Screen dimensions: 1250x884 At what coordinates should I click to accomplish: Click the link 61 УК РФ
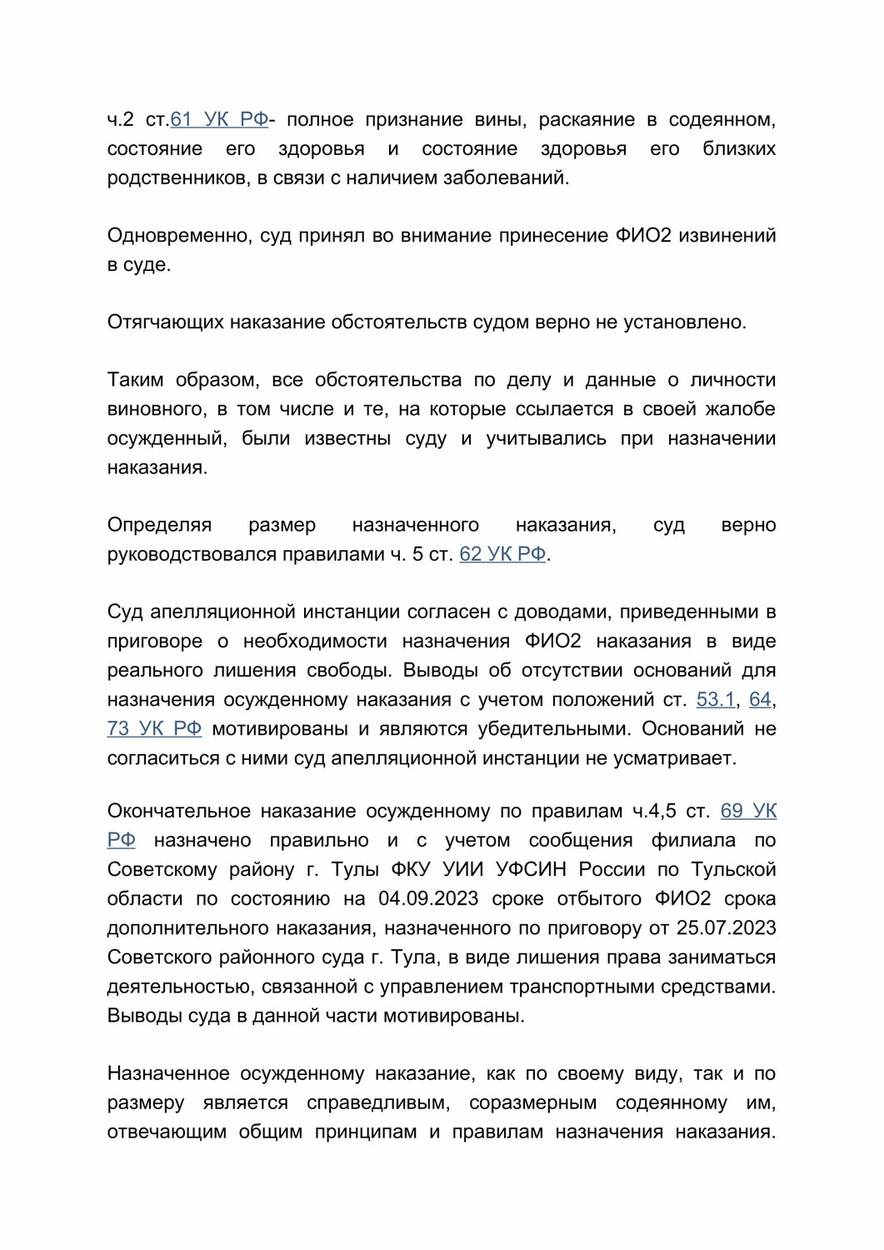(x=219, y=120)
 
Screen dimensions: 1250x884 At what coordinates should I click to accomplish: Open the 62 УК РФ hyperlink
(x=502, y=554)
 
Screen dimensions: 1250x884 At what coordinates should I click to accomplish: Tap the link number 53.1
(x=716, y=699)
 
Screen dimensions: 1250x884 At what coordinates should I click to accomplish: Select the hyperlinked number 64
(x=760, y=699)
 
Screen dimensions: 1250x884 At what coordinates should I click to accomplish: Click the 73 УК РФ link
(x=154, y=728)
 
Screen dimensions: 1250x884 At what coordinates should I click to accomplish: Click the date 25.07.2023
(x=727, y=927)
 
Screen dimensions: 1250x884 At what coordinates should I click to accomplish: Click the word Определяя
(x=159, y=525)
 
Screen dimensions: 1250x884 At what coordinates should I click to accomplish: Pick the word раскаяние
(x=587, y=120)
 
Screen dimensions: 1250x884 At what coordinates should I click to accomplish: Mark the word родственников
(x=177, y=177)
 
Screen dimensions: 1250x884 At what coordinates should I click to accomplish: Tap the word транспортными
(x=582, y=986)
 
